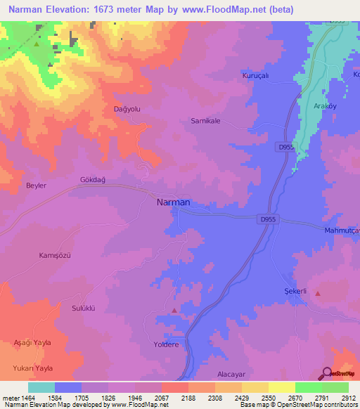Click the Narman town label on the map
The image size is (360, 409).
click(x=172, y=202)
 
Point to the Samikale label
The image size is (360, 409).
click(x=206, y=121)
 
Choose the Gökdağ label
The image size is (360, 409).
click(x=92, y=180)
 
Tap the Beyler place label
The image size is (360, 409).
click(x=36, y=186)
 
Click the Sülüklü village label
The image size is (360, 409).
click(x=84, y=308)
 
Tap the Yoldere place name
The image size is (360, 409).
click(x=167, y=345)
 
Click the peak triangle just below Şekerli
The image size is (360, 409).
click(x=318, y=293)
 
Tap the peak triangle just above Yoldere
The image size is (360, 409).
click(x=174, y=309)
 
